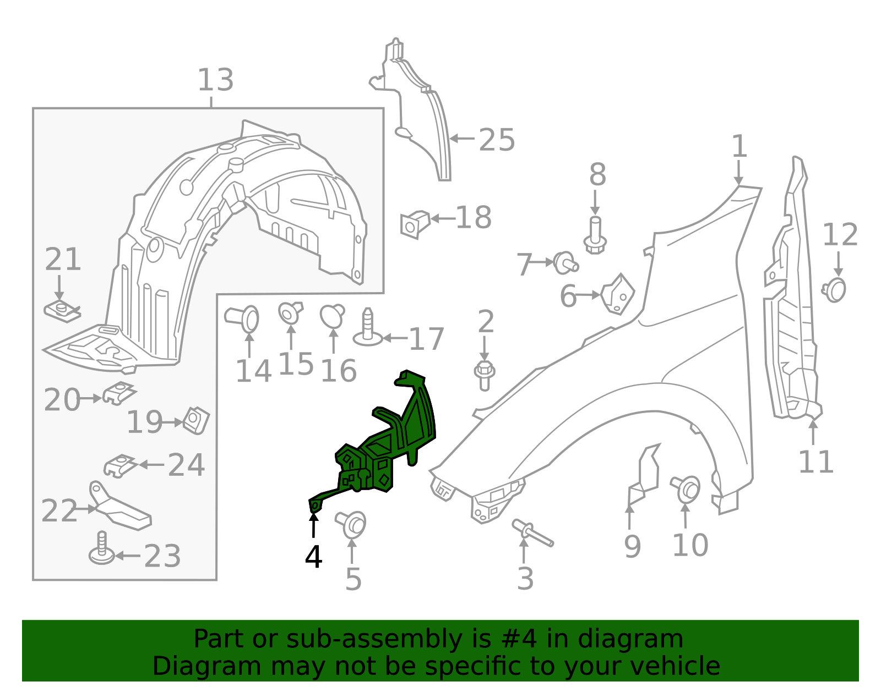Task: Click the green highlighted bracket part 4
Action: [x=385, y=446]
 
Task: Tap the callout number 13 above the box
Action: [x=215, y=80]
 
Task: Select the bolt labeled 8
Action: [x=595, y=237]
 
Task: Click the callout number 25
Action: [x=497, y=140]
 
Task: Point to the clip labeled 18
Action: [x=415, y=224]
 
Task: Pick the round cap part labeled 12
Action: [x=835, y=290]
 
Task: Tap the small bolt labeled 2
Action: [x=485, y=375]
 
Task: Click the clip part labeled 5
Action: [x=352, y=524]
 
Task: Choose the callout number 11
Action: [x=815, y=462]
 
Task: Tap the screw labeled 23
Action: [x=101, y=549]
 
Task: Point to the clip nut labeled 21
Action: [x=62, y=311]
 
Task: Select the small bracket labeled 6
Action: [x=618, y=294]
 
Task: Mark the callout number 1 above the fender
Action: [x=739, y=147]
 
